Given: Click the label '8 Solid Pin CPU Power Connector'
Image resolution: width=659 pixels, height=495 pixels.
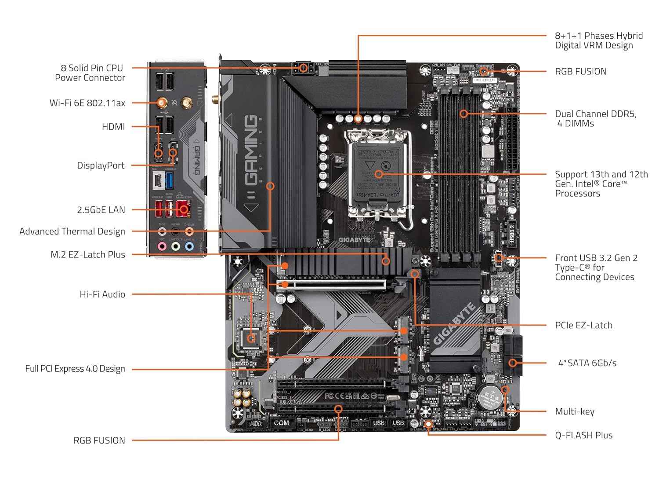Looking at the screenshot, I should coord(90,73).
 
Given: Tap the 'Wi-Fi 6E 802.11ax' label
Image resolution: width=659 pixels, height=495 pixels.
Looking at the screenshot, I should coord(87,103).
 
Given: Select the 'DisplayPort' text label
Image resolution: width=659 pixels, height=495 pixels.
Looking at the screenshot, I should coord(101,165).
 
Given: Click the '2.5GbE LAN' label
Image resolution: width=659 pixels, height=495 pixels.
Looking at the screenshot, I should coord(101,210).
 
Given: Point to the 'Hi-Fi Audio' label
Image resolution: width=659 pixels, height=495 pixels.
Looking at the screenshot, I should coord(102,294).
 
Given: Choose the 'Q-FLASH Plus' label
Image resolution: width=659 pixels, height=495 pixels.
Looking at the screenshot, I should coord(583,435).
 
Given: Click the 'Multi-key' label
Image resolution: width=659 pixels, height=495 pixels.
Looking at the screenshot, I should coord(575,411).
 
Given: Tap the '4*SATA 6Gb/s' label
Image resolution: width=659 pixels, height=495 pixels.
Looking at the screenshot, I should coord(587,363).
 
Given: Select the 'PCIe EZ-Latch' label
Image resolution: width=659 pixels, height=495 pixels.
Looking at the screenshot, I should coord(583,325).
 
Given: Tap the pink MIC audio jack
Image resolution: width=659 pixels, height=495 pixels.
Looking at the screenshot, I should coord(162,247).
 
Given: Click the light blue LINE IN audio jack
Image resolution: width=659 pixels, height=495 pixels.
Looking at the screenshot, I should coord(189,247).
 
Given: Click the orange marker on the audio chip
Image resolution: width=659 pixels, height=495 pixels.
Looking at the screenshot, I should coord(251,338).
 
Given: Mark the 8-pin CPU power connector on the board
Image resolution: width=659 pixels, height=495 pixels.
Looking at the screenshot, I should coord(303,68).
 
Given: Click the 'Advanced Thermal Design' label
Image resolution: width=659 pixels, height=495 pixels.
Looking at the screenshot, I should coord(72,231).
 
